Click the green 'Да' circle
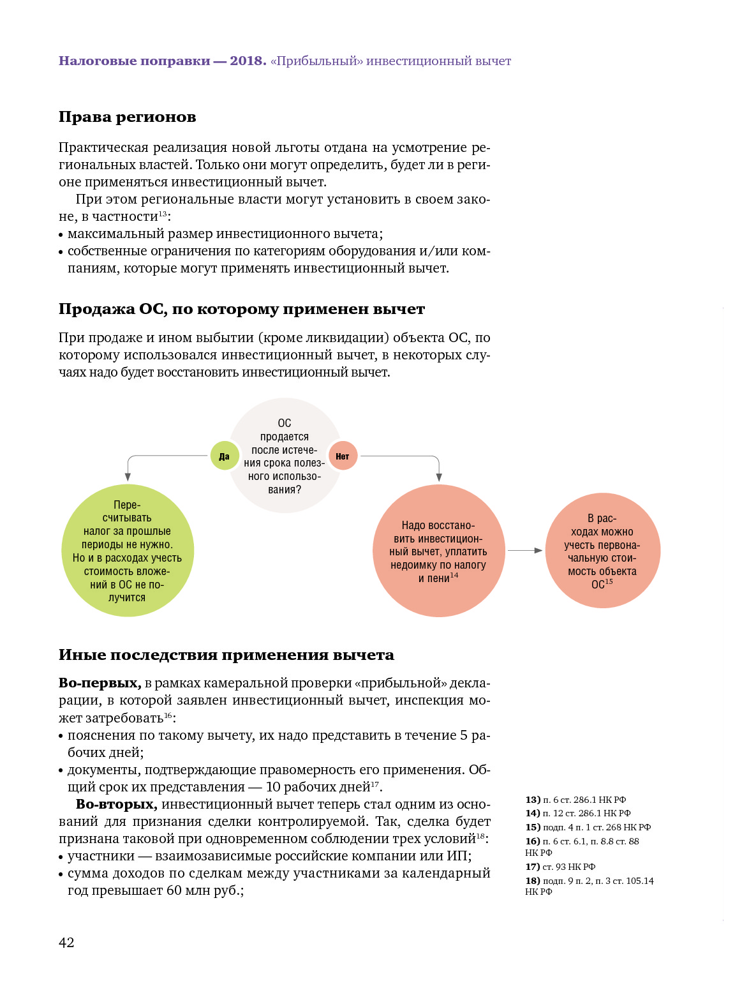point(225,456)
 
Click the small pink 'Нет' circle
point(343,456)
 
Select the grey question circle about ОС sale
point(285,456)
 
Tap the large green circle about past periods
point(128,551)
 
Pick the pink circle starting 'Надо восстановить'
point(438,551)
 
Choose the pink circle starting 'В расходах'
point(602,551)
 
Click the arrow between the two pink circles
point(526,550)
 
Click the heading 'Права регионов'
point(127,117)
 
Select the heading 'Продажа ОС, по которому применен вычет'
point(241,309)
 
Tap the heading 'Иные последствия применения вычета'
point(226,655)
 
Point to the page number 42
point(66,943)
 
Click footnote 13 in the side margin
point(575,800)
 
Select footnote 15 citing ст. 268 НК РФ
point(588,827)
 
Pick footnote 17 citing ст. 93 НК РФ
point(560,867)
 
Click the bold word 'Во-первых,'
point(100,683)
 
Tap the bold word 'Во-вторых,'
point(116,804)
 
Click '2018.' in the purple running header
point(248,61)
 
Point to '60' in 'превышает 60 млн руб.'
point(174,890)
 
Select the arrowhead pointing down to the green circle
point(128,477)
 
